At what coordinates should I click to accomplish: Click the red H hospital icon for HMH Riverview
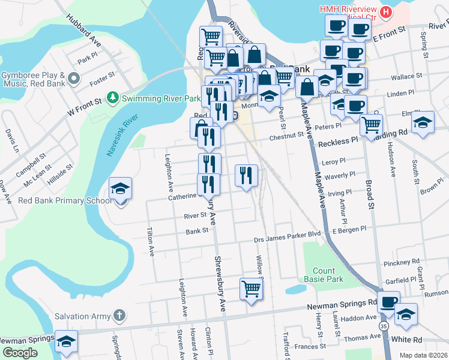click(x=386, y=11)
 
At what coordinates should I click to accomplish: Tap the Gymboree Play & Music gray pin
click(x=74, y=78)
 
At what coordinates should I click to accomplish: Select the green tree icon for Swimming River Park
click(x=111, y=97)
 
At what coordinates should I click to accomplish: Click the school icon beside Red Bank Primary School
click(x=121, y=190)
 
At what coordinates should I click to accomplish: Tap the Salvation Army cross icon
click(x=119, y=315)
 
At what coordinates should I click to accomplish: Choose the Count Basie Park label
click(x=328, y=275)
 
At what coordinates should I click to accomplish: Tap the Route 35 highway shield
click(x=382, y=325)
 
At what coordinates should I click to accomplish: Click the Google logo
click(x=20, y=353)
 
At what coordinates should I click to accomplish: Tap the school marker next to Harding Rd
click(x=423, y=123)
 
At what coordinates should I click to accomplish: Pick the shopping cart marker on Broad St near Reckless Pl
click(x=372, y=125)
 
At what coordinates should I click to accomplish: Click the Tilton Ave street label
click(x=150, y=242)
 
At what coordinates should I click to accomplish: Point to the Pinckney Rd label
click(x=403, y=263)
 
